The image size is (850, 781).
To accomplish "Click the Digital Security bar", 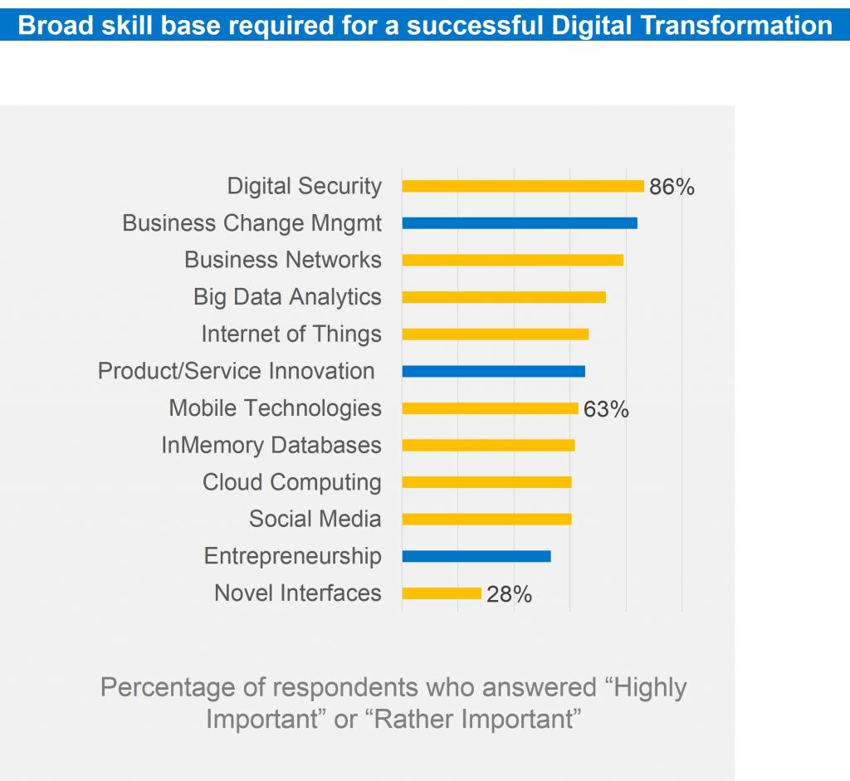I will (523, 186).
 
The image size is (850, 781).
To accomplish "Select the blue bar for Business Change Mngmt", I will (520, 223).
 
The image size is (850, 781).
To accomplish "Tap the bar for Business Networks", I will (512, 260).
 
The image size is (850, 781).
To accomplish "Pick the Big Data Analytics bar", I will (504, 297).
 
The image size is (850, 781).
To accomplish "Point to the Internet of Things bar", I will (496, 334).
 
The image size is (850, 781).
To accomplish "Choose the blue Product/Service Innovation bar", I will (494, 371).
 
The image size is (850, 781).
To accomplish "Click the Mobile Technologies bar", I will (490, 408).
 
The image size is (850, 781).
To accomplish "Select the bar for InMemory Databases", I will (488, 445).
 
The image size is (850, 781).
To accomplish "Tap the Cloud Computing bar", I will (486, 482).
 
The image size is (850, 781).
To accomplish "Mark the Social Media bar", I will (486, 519).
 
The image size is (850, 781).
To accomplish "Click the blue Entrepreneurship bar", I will (476, 556).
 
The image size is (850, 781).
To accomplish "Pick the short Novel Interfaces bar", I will (442, 593).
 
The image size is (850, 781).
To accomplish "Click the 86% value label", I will (672, 187).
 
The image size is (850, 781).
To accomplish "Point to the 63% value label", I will (606, 409).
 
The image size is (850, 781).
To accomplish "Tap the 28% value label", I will (509, 594).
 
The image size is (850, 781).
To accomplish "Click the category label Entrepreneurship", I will (293, 556).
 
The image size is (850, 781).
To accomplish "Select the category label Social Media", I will (315, 520).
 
